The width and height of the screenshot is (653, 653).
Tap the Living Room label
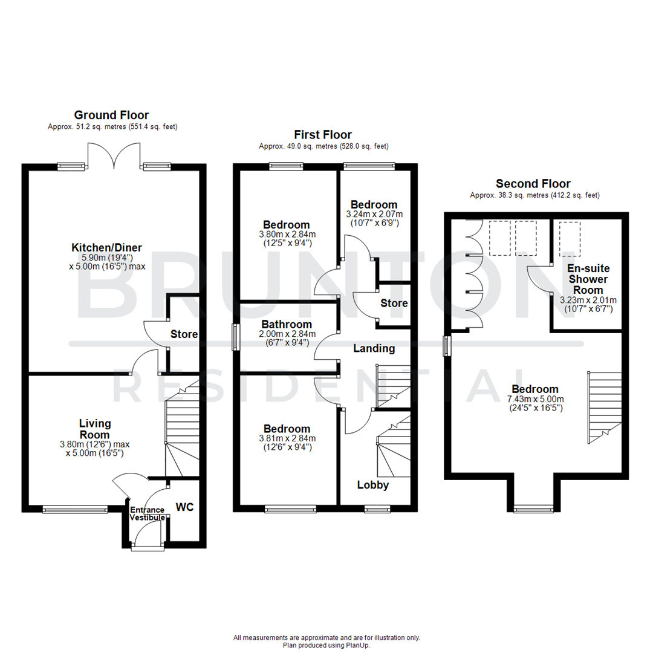95,429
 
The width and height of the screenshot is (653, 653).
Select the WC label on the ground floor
185,507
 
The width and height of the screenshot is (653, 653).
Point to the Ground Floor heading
111,115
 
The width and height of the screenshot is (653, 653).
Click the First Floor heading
323,135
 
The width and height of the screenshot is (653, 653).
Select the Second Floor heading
533,184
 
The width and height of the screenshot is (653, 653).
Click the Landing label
374,348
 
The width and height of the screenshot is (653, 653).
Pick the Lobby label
373,485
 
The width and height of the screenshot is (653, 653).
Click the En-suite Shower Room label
588,279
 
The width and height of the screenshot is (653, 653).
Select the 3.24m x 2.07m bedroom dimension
374,215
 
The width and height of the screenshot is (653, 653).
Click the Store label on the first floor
394,303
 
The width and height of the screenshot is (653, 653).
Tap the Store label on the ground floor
184,334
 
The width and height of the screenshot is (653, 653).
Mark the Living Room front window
75,510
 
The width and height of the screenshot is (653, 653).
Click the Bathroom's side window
235,337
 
